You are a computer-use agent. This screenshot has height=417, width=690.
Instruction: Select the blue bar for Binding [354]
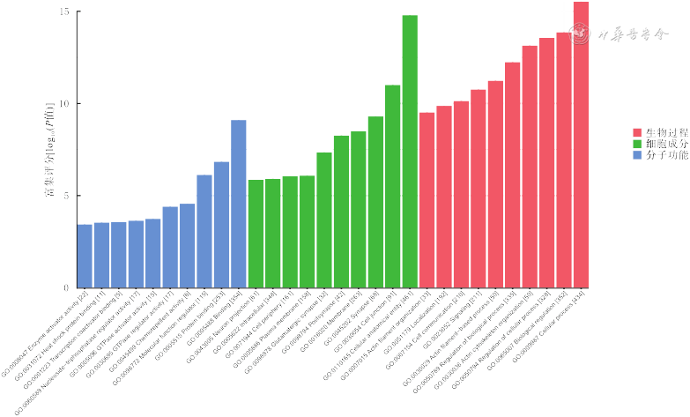point(239,204)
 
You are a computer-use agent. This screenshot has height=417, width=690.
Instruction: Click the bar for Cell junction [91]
point(393,186)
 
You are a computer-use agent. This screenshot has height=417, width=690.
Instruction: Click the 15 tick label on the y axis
point(66,12)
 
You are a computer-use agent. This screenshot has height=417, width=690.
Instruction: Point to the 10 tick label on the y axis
point(66,104)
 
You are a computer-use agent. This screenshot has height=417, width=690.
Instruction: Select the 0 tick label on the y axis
point(69,288)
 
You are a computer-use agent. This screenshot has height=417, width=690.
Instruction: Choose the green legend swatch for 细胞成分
point(637,143)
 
